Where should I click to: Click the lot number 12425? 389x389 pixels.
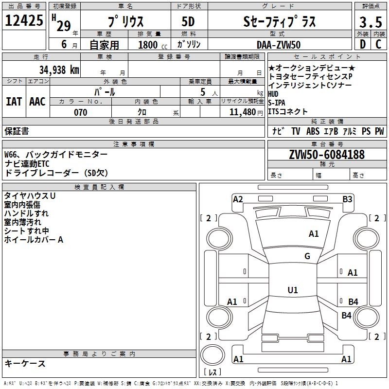(x=24, y=21)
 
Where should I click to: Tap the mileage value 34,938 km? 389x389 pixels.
(x=59, y=70)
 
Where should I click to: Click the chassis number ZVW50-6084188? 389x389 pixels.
(x=326, y=155)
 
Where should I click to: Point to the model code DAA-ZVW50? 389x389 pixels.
(x=279, y=45)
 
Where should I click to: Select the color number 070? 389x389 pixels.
(x=81, y=112)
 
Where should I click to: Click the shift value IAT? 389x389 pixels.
(x=14, y=102)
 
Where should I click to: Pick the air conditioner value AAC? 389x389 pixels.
(x=37, y=102)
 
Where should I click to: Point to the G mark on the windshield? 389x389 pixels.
(x=307, y=256)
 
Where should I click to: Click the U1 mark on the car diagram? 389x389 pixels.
(x=292, y=290)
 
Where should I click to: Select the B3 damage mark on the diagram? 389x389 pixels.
(x=347, y=199)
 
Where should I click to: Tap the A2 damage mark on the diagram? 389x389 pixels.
(x=238, y=199)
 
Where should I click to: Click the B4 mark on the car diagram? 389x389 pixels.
(x=353, y=302)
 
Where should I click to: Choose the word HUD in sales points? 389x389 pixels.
(x=274, y=94)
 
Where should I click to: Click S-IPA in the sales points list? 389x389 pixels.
(x=277, y=103)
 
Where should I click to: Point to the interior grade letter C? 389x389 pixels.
(x=378, y=45)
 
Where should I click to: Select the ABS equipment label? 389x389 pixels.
(x=313, y=131)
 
